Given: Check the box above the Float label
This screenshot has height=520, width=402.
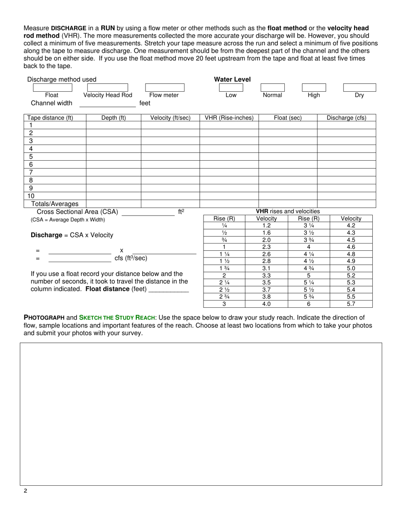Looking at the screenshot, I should (52, 88).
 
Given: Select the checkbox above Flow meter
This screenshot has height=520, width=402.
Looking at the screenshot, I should (165, 88).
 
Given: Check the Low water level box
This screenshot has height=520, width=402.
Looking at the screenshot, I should (231, 88).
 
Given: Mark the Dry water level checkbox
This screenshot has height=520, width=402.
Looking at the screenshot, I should (359, 88).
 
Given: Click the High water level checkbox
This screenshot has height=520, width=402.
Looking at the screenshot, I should (314, 88).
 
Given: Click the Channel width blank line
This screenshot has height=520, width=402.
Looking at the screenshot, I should (108, 106).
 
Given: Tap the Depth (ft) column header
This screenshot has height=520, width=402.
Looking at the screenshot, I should (113, 118).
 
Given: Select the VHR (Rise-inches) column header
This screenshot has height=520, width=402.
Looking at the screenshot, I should (229, 118).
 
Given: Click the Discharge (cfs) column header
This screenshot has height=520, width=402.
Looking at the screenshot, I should (346, 118).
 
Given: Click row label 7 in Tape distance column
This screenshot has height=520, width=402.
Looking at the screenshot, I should (31, 172).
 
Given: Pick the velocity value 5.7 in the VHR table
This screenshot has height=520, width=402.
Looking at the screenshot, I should (351, 304).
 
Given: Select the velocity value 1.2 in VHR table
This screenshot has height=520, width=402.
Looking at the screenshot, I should (266, 226).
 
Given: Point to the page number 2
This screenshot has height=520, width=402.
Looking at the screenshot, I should (25, 491).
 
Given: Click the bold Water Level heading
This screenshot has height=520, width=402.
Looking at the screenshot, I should (232, 79).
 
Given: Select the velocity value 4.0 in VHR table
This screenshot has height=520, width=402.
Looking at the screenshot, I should (266, 304).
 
